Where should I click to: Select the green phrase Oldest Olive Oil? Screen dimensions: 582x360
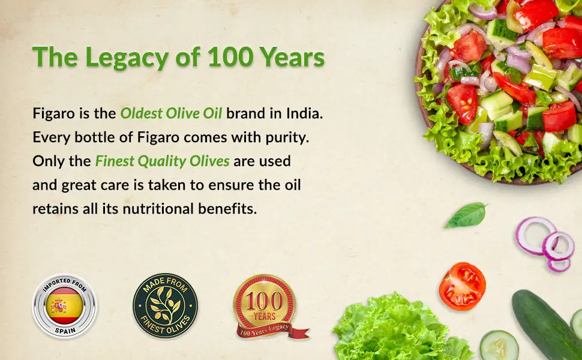tap(171, 113)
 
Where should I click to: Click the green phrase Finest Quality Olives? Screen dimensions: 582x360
tap(162, 161)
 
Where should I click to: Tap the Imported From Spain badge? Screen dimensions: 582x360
tap(65, 306)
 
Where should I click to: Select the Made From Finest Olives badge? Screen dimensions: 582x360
tap(165, 306)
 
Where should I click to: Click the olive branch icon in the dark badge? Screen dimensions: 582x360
tap(165, 306)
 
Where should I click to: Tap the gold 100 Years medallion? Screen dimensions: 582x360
tap(264, 302)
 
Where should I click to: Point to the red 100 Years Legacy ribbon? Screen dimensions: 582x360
tap(271, 330)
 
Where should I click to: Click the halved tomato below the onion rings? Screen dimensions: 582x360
tap(462, 286)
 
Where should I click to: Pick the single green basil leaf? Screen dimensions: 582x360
tap(466, 215)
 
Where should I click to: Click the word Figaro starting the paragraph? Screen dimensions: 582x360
tap(53, 114)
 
